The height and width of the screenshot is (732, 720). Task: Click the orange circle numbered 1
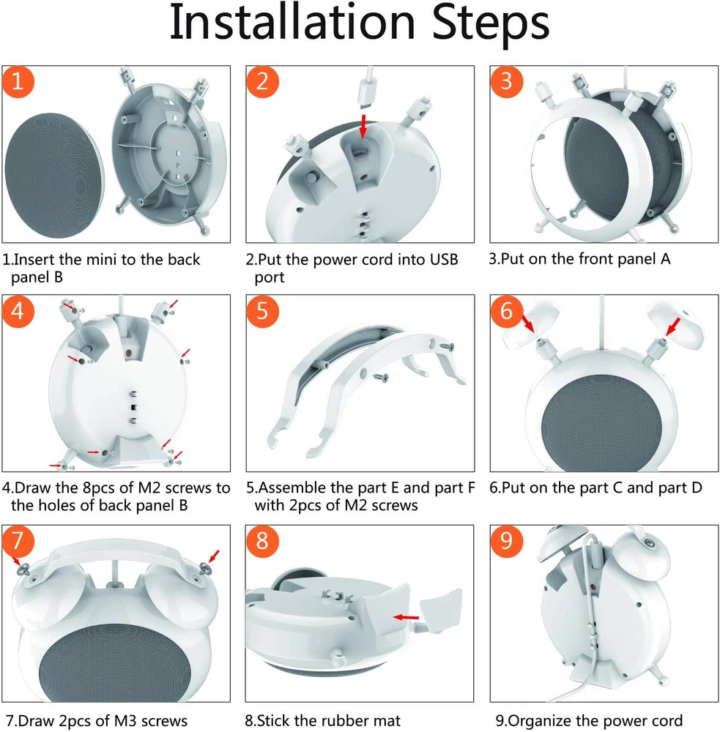18,82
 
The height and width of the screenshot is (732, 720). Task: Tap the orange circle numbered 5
262,311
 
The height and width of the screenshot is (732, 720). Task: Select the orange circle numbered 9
506,541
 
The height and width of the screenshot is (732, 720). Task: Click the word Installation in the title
292,23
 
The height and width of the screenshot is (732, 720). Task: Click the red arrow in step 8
406,617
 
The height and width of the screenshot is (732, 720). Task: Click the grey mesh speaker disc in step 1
54,176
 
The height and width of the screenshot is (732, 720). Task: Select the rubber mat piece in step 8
440,610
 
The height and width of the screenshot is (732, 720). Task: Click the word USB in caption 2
444,260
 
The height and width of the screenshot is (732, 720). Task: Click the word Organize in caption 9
540,722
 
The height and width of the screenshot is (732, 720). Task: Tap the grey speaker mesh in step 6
602,422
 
